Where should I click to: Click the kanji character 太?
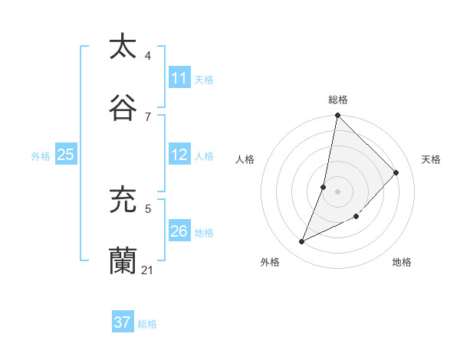(123, 47)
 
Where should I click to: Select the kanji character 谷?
(123, 108)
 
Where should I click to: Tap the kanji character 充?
(123, 200)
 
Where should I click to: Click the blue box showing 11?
(179, 78)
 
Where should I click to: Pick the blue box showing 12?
(179, 155)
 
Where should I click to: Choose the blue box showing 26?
(179, 231)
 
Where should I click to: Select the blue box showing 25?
(66, 155)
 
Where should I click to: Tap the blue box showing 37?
(123, 322)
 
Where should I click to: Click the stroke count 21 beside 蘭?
(147, 270)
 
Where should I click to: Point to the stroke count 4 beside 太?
(148, 56)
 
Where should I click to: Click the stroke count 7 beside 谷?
(148, 117)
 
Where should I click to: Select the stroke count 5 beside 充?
(148, 208)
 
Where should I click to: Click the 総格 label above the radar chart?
(338, 100)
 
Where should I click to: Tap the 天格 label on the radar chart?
(431, 159)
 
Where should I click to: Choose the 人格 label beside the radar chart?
(245, 159)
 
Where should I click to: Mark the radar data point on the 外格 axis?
(302, 242)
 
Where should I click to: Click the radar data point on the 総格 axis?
(338, 115)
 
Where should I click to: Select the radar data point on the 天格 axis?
(396, 172)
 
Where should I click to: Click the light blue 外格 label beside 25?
(41, 155)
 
